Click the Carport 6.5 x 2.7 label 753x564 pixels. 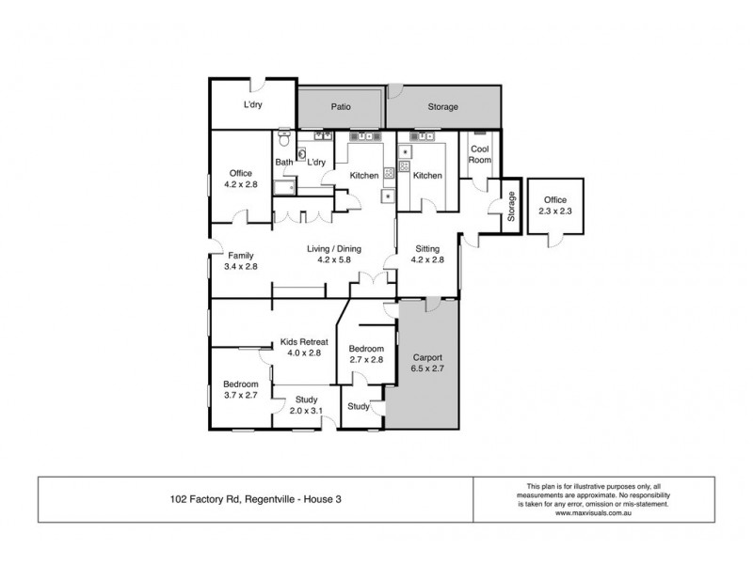[x=427, y=364]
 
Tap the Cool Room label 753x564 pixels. [x=480, y=154]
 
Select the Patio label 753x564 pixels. [x=340, y=107]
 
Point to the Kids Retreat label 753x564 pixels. [x=303, y=347]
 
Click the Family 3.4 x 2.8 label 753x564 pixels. [x=240, y=260]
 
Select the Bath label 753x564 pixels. [x=283, y=163]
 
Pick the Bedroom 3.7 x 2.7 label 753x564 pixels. [x=240, y=390]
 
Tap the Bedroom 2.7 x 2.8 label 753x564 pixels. [x=365, y=353]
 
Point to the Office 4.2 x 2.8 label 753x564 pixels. [x=240, y=179]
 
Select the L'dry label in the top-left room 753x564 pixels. [x=252, y=105]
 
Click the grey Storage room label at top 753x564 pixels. [x=442, y=107]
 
